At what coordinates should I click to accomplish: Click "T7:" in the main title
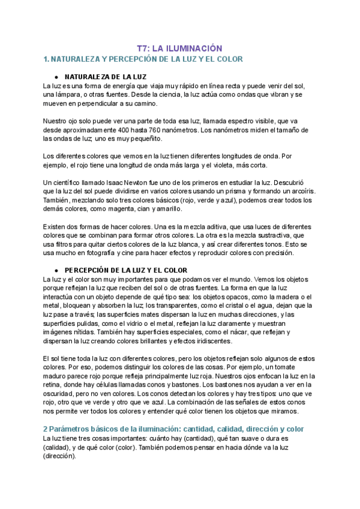(142, 48)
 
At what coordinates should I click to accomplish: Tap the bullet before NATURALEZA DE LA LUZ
(56, 77)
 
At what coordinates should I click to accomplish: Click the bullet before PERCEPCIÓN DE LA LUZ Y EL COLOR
(56, 271)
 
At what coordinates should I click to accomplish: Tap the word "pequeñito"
(143, 139)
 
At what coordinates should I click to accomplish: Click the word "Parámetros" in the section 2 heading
(73, 430)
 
